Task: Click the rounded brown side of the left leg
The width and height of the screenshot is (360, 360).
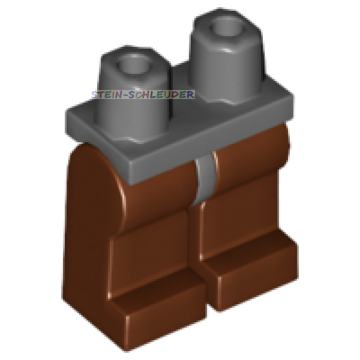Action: pyautogui.click(x=90, y=198)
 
